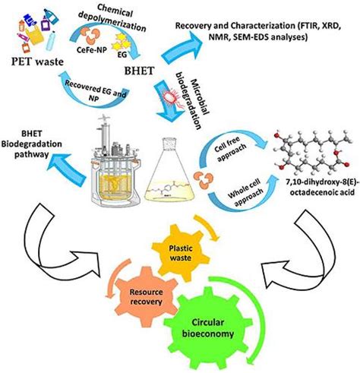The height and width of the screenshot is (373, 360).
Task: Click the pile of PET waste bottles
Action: pyautogui.click(x=31, y=34)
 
